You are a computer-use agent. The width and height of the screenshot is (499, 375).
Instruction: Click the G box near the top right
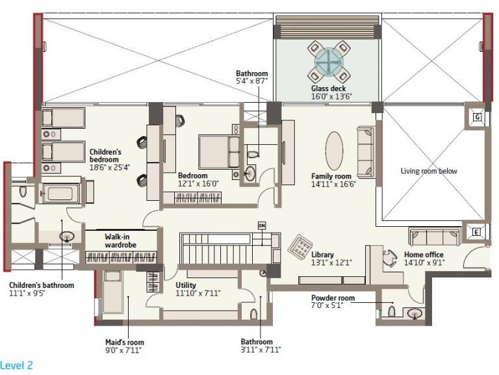point(477,117)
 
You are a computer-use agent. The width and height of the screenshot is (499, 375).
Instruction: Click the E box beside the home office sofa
point(476,233)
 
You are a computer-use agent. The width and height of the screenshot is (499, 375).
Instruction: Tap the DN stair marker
point(262,226)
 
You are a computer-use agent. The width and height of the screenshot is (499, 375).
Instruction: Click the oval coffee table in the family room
point(334,151)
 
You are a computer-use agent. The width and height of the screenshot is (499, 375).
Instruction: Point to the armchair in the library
point(300,246)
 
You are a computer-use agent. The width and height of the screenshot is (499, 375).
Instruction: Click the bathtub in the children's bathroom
point(60,194)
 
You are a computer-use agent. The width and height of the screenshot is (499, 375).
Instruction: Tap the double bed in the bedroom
point(219,152)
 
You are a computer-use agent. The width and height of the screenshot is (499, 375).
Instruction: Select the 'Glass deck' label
point(328,88)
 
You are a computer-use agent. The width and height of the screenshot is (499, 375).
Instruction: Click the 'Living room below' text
point(429,171)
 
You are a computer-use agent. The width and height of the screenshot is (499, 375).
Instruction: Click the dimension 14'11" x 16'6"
point(333,184)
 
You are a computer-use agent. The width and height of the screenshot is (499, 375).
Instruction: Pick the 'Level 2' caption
point(16,365)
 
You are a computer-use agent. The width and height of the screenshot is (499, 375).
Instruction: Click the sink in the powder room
point(415,313)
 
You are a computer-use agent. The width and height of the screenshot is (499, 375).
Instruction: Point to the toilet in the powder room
point(392,311)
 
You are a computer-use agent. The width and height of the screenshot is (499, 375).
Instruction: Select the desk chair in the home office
point(389,258)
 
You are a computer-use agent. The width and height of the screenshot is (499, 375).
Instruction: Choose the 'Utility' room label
point(186,285)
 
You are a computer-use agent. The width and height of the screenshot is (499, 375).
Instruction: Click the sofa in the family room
point(366,152)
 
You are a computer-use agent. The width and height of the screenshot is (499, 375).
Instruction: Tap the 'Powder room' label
point(333,298)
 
